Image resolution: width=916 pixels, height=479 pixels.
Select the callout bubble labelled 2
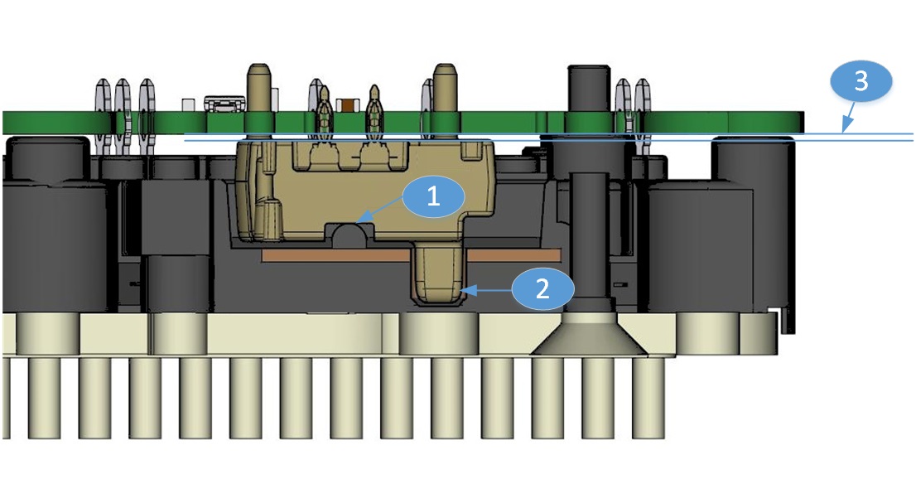point(542,288)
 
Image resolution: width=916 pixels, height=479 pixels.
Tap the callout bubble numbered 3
point(861,82)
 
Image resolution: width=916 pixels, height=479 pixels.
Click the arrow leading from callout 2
point(489,290)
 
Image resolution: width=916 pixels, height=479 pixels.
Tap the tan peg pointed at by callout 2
point(439,277)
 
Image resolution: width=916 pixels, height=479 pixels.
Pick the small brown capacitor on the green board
point(349,104)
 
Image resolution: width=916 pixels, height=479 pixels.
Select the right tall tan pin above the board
point(445,87)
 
